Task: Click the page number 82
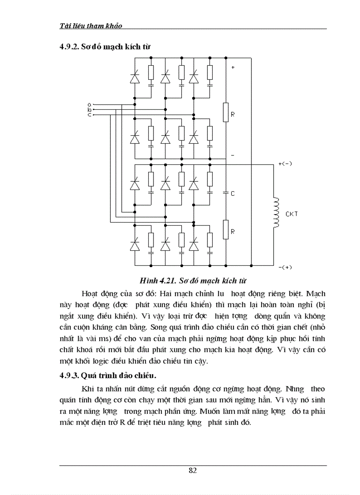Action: (x=192, y=470)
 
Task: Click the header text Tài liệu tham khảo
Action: (x=90, y=26)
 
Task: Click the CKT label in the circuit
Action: (x=292, y=214)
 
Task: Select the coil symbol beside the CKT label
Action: (x=276, y=213)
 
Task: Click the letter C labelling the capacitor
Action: (x=232, y=194)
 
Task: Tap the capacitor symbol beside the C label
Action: (x=225, y=193)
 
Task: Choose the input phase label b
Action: (x=90, y=109)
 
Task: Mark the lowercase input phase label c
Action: (x=90, y=115)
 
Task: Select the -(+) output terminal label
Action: (x=285, y=267)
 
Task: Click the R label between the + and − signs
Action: (x=232, y=114)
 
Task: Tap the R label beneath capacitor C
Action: (x=232, y=231)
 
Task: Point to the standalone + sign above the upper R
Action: (x=233, y=67)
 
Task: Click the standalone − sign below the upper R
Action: (x=233, y=155)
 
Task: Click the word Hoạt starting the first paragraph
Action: (x=90, y=293)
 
